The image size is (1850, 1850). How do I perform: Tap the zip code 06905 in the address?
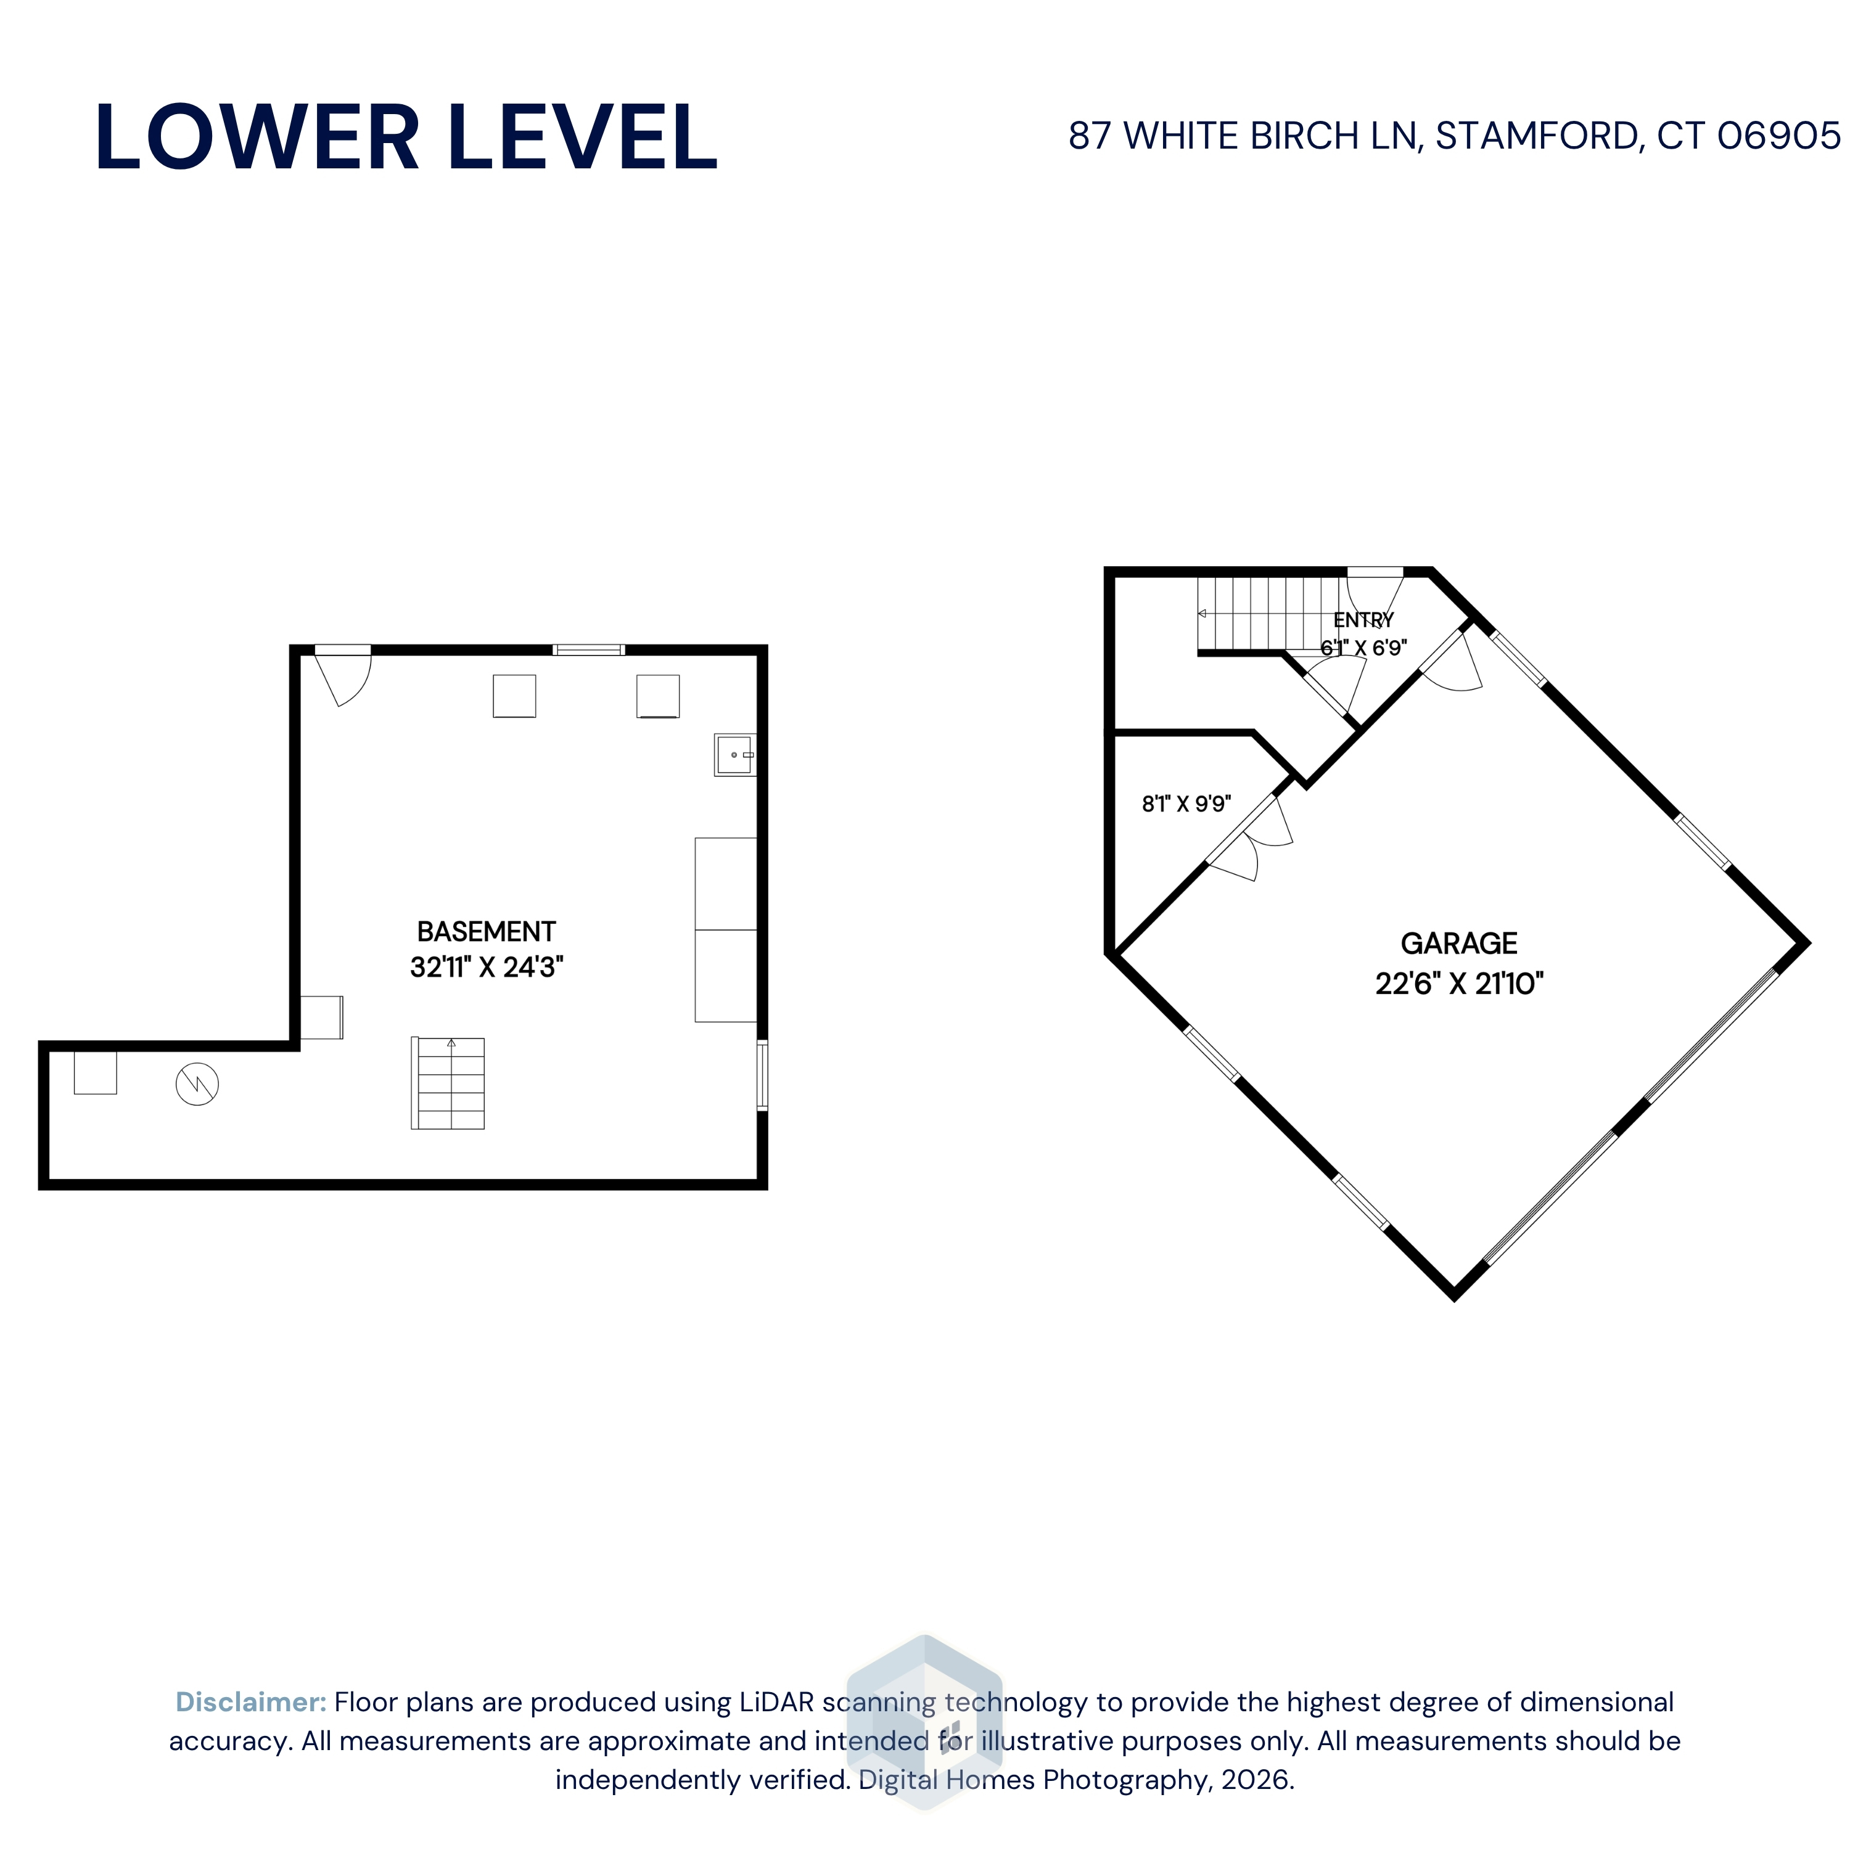point(1778,136)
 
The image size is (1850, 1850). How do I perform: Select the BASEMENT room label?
point(487,932)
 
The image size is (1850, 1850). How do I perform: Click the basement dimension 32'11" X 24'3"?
point(487,967)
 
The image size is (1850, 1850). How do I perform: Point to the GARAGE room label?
point(1458,943)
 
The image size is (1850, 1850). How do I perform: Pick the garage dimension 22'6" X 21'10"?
point(1459,984)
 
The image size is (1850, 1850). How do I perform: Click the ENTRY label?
point(1363,620)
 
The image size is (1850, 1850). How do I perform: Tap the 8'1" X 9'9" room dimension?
point(1186,804)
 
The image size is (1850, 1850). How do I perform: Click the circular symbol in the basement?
point(197,1084)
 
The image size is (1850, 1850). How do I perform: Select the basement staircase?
point(448,1083)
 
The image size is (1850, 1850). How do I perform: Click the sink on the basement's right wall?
point(734,755)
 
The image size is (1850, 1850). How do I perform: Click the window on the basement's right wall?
point(762,1075)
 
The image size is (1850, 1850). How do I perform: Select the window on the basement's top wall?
point(589,650)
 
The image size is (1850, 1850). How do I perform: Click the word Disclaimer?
point(251,1701)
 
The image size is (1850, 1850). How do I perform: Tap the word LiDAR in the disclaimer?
point(776,1701)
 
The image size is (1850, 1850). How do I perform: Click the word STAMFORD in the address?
point(1539,136)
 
